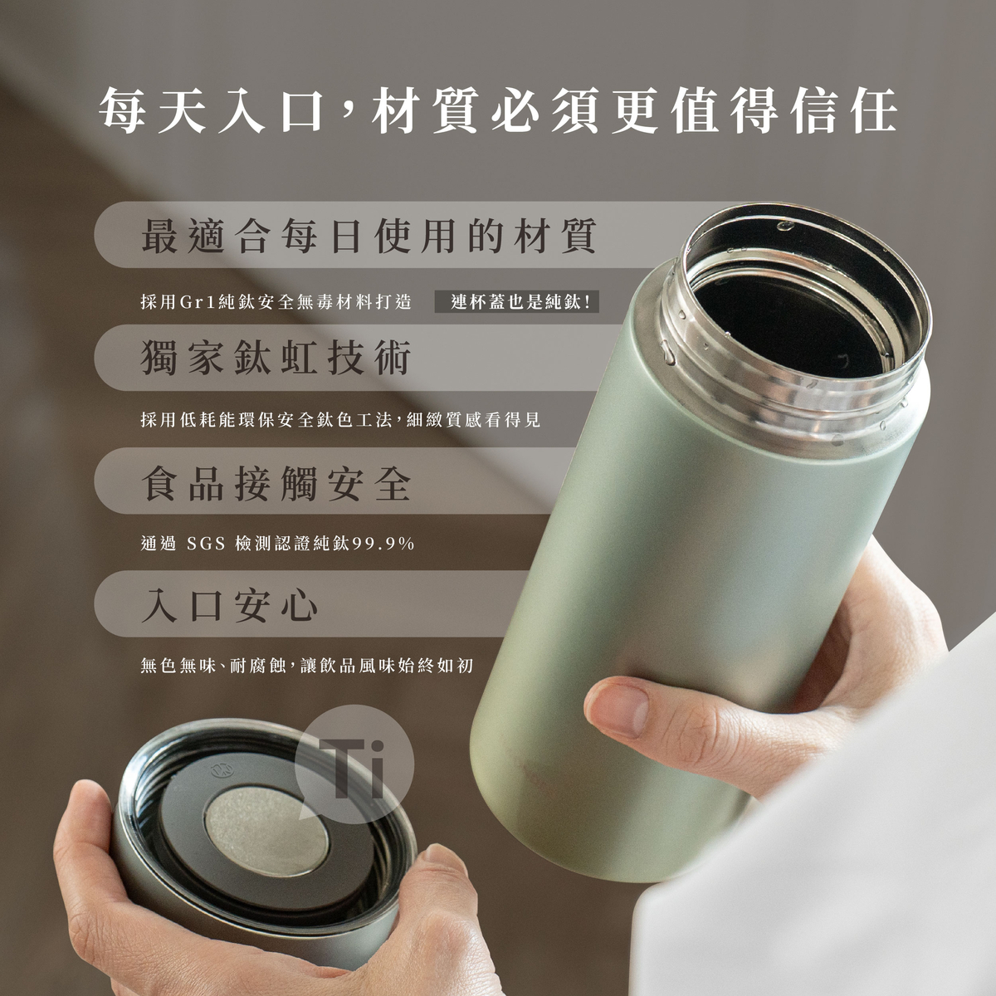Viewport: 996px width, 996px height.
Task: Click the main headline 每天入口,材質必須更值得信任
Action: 498,110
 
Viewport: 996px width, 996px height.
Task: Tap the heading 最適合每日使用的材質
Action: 369,236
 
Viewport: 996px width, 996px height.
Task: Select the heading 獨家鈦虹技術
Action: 276,358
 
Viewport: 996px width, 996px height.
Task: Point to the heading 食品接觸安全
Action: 276,481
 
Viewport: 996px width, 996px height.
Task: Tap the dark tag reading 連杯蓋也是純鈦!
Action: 517,302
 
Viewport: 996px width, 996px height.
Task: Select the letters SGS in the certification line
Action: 206,544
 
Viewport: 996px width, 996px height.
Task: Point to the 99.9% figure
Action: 383,544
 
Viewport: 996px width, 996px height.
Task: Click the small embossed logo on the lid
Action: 222,771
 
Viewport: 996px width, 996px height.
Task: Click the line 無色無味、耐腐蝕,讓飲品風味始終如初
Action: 307,666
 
